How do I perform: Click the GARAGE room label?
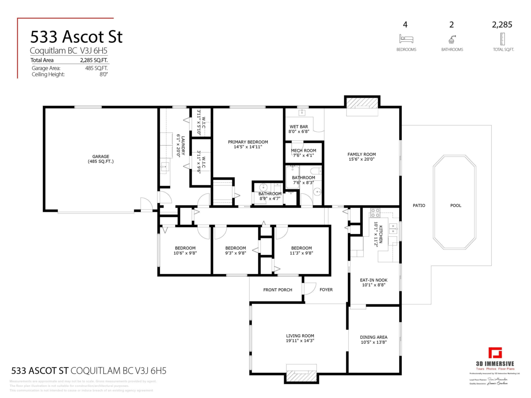[100, 157]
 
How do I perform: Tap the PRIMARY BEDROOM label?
[248, 142]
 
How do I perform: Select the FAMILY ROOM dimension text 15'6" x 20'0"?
[362, 160]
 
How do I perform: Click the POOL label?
[455, 205]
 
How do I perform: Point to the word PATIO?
[419, 205]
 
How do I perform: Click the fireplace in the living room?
[302, 375]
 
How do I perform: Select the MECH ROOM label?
[303, 151]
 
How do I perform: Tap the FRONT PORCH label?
[277, 290]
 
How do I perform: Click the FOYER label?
[326, 290]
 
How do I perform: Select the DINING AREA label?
[373, 337]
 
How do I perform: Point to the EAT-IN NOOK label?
[373, 280]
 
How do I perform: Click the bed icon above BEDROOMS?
[406, 38]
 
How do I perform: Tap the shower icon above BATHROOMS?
[452, 38]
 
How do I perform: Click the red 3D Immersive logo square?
[495, 354]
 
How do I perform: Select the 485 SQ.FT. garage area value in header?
[96, 68]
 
